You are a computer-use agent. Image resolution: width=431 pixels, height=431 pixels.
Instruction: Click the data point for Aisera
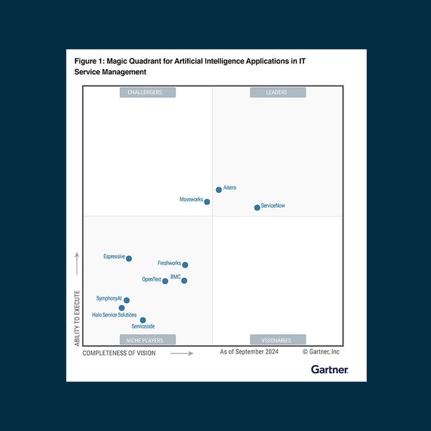219,190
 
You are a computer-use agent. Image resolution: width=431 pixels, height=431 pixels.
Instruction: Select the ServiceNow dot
257,207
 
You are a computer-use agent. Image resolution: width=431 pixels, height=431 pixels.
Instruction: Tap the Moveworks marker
207,202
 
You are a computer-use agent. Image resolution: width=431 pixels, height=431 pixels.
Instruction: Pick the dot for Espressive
129,259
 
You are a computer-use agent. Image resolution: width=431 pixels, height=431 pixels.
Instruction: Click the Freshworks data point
185,265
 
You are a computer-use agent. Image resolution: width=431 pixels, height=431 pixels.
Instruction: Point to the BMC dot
184,280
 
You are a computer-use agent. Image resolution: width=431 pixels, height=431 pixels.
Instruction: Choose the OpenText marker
165,281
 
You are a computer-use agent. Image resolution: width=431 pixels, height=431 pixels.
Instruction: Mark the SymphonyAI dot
127,300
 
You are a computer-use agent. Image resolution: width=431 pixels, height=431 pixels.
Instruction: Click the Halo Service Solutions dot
122,308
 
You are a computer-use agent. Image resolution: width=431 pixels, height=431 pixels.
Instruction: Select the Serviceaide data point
143,321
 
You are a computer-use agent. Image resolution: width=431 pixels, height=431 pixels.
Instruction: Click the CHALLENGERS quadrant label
147,92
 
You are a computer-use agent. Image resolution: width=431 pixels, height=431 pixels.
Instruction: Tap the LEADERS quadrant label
277,92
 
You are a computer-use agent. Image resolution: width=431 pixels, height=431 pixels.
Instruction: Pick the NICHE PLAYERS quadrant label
147,340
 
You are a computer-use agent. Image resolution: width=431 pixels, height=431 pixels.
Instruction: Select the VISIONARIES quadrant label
277,340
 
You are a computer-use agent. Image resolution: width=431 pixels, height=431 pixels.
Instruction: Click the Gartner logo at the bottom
329,369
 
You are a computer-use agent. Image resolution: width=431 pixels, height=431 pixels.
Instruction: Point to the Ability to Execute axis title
77,319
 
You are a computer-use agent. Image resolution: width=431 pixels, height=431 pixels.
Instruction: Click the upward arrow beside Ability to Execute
77,264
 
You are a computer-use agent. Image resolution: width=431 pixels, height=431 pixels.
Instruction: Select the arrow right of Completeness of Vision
182,353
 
